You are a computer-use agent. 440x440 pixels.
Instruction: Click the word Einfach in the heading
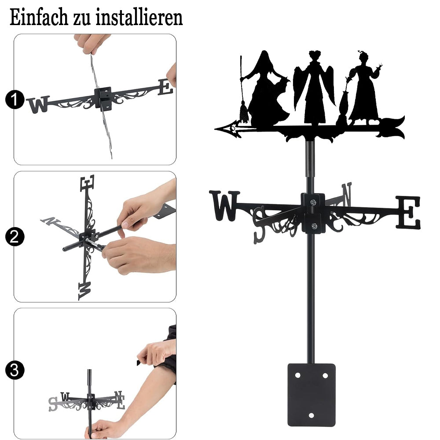(x=39, y=18)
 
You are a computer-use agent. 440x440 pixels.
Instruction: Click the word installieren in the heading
(x=139, y=18)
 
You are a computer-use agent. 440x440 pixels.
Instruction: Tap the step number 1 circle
(x=15, y=99)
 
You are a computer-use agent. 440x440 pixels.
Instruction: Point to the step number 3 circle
(x=15, y=370)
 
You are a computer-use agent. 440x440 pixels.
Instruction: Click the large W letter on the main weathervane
(x=224, y=205)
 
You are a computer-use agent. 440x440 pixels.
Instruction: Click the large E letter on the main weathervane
(x=408, y=212)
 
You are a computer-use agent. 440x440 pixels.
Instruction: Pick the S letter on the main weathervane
(x=260, y=224)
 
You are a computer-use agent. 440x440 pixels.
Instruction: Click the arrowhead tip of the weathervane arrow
(x=215, y=129)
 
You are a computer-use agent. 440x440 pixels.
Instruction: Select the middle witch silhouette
(x=314, y=87)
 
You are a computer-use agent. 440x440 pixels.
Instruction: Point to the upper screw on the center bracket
(x=313, y=202)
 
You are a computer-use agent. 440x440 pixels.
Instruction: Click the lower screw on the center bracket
(x=314, y=226)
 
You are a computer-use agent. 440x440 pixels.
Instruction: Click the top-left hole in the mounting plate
(x=297, y=375)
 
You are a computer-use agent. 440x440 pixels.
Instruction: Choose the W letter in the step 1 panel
(x=38, y=104)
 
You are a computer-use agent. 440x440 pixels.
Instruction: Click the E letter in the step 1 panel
(x=165, y=87)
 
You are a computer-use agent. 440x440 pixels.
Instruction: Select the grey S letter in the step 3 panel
(x=53, y=404)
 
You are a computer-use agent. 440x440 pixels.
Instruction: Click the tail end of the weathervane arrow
(x=403, y=128)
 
